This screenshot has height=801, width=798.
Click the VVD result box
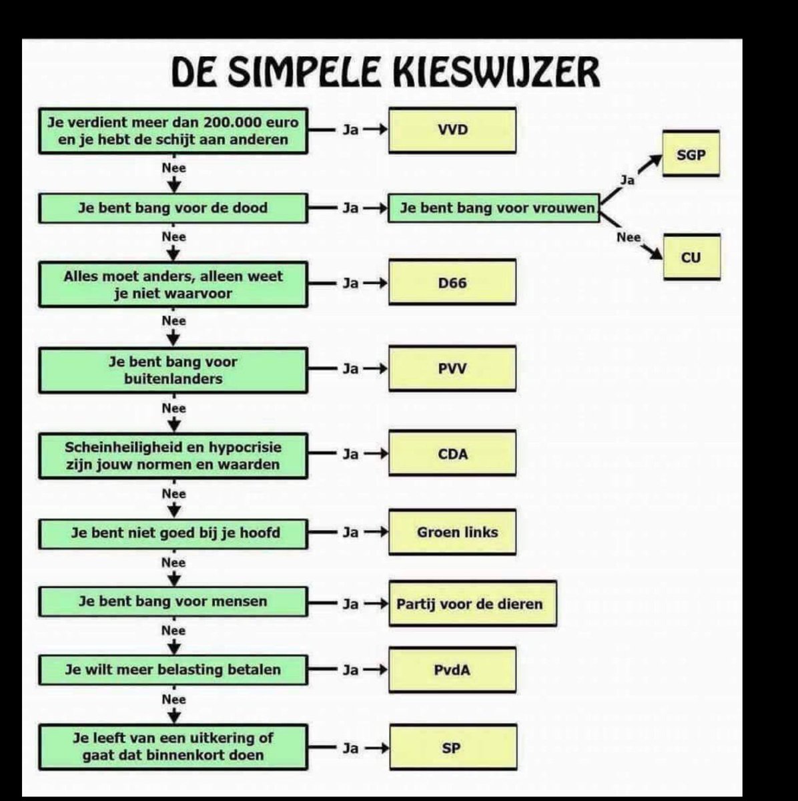coord(452,130)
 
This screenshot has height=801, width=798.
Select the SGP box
coord(691,154)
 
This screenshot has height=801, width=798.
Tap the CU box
coord(691,257)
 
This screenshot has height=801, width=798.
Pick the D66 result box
coord(452,282)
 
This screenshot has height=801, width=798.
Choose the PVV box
coord(452,368)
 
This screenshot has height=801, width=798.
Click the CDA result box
coord(452,454)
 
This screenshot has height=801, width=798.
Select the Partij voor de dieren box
coord(472,604)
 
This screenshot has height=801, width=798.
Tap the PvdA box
coord(452,670)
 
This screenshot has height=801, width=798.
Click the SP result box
coord(452,748)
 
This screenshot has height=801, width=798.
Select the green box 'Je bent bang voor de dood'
coord(173,208)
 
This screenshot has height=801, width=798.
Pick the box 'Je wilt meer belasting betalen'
coord(173,670)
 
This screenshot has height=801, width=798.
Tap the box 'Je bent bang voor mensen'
coord(173,601)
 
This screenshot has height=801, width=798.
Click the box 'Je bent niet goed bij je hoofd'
coord(173,533)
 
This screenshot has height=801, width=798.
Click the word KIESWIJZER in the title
coord(486,72)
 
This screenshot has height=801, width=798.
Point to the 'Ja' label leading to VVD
coord(350,130)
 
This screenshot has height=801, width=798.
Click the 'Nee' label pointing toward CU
coord(629,237)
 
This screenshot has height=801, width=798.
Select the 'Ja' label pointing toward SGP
coord(627,180)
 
